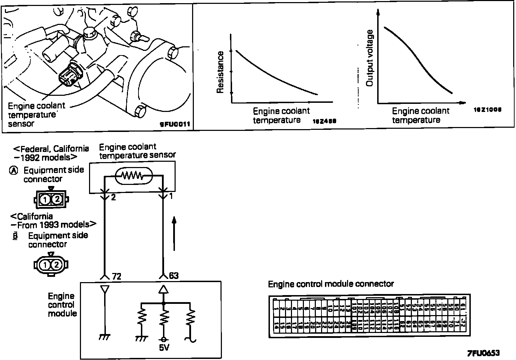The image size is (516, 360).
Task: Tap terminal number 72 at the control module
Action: pos(116,276)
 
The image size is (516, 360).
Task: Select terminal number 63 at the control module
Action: pos(174,276)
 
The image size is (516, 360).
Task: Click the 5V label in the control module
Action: pos(164,348)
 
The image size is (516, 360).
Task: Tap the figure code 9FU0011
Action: pos(174,124)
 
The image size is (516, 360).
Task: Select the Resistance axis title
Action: pos(220,72)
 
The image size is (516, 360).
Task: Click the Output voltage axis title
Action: pos(369,58)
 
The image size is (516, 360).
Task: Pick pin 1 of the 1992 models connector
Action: pos(45,200)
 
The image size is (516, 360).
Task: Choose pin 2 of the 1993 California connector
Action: pos(57,264)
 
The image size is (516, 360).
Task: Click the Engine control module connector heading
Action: pos(331,284)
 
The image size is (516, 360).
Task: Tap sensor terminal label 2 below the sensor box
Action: pos(113,198)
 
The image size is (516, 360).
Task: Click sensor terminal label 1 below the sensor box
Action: pos(171,196)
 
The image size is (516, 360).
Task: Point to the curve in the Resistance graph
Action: pos(273,74)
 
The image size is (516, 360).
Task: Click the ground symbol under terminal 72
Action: pos(104,337)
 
